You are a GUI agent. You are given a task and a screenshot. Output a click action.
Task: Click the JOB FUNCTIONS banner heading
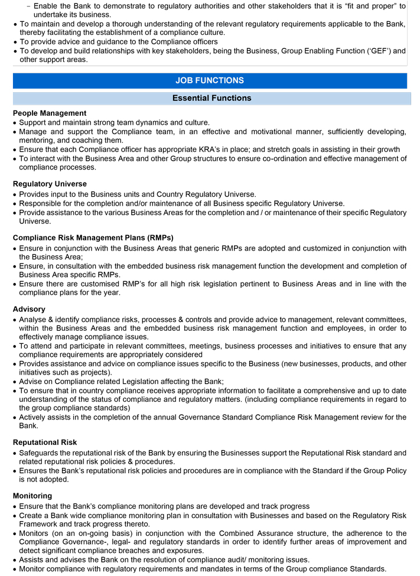210,80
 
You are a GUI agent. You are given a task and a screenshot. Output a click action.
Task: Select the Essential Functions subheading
211,98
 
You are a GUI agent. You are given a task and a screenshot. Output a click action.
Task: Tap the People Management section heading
50,113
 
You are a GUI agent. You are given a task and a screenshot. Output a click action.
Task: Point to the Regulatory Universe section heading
50,184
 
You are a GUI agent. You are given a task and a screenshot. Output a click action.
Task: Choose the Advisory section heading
29,309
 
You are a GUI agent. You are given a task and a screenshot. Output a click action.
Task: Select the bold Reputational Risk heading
45,442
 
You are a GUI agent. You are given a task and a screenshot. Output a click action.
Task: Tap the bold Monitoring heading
32,496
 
